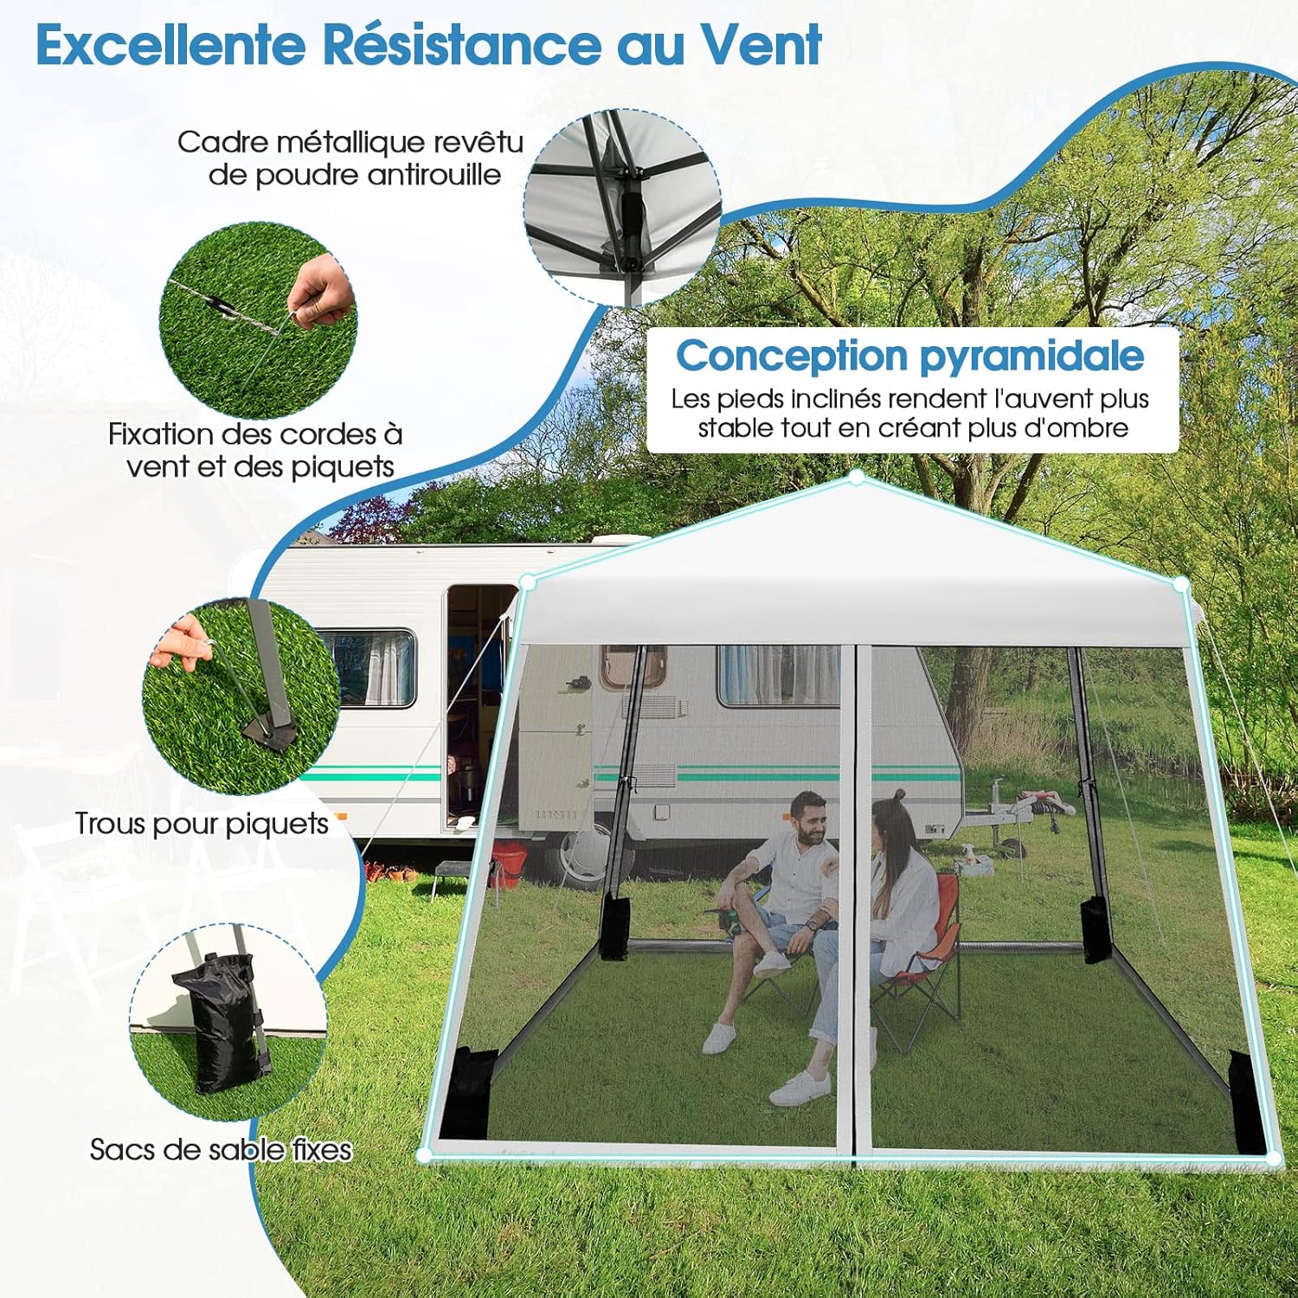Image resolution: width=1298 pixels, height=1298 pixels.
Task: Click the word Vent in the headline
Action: point(761,44)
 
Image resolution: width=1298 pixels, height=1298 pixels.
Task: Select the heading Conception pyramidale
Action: point(910,357)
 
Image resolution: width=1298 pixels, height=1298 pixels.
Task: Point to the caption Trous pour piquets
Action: point(202,824)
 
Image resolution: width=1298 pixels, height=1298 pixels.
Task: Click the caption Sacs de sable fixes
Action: point(221,1149)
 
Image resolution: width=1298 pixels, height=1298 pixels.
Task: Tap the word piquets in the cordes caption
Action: point(343,467)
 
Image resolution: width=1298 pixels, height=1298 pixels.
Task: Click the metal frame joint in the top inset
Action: point(630,204)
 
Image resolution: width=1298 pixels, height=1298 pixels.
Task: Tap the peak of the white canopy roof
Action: point(857,477)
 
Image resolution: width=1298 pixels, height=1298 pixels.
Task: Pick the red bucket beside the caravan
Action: point(509,864)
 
